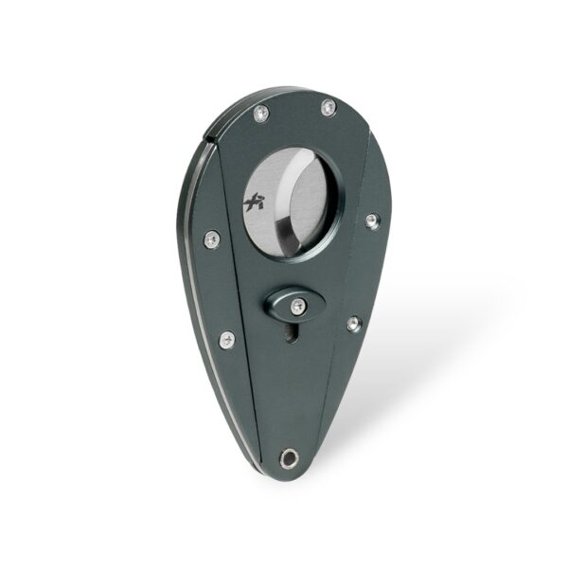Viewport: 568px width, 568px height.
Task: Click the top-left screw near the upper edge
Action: (x=262, y=114)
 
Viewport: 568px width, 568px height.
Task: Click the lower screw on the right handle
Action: (x=352, y=324)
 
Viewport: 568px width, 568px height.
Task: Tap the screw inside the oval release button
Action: (x=297, y=304)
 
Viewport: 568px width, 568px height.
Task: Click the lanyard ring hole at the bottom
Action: (x=289, y=460)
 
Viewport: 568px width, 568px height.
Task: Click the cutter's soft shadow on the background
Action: (x=426, y=379)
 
